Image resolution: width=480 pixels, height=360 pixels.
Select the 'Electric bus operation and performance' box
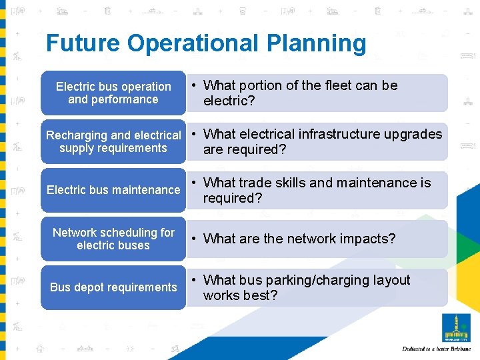[113, 93]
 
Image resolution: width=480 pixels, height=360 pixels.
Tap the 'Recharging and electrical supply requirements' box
[113, 141]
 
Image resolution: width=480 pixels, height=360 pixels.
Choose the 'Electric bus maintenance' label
[113, 190]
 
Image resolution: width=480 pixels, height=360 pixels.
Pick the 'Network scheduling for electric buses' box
[113, 239]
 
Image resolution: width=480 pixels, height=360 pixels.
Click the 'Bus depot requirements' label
[113, 287]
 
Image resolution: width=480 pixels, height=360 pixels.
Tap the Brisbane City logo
[457, 327]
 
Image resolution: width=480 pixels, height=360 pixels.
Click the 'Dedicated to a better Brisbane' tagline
[437, 349]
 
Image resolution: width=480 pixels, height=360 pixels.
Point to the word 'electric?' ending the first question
[229, 101]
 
